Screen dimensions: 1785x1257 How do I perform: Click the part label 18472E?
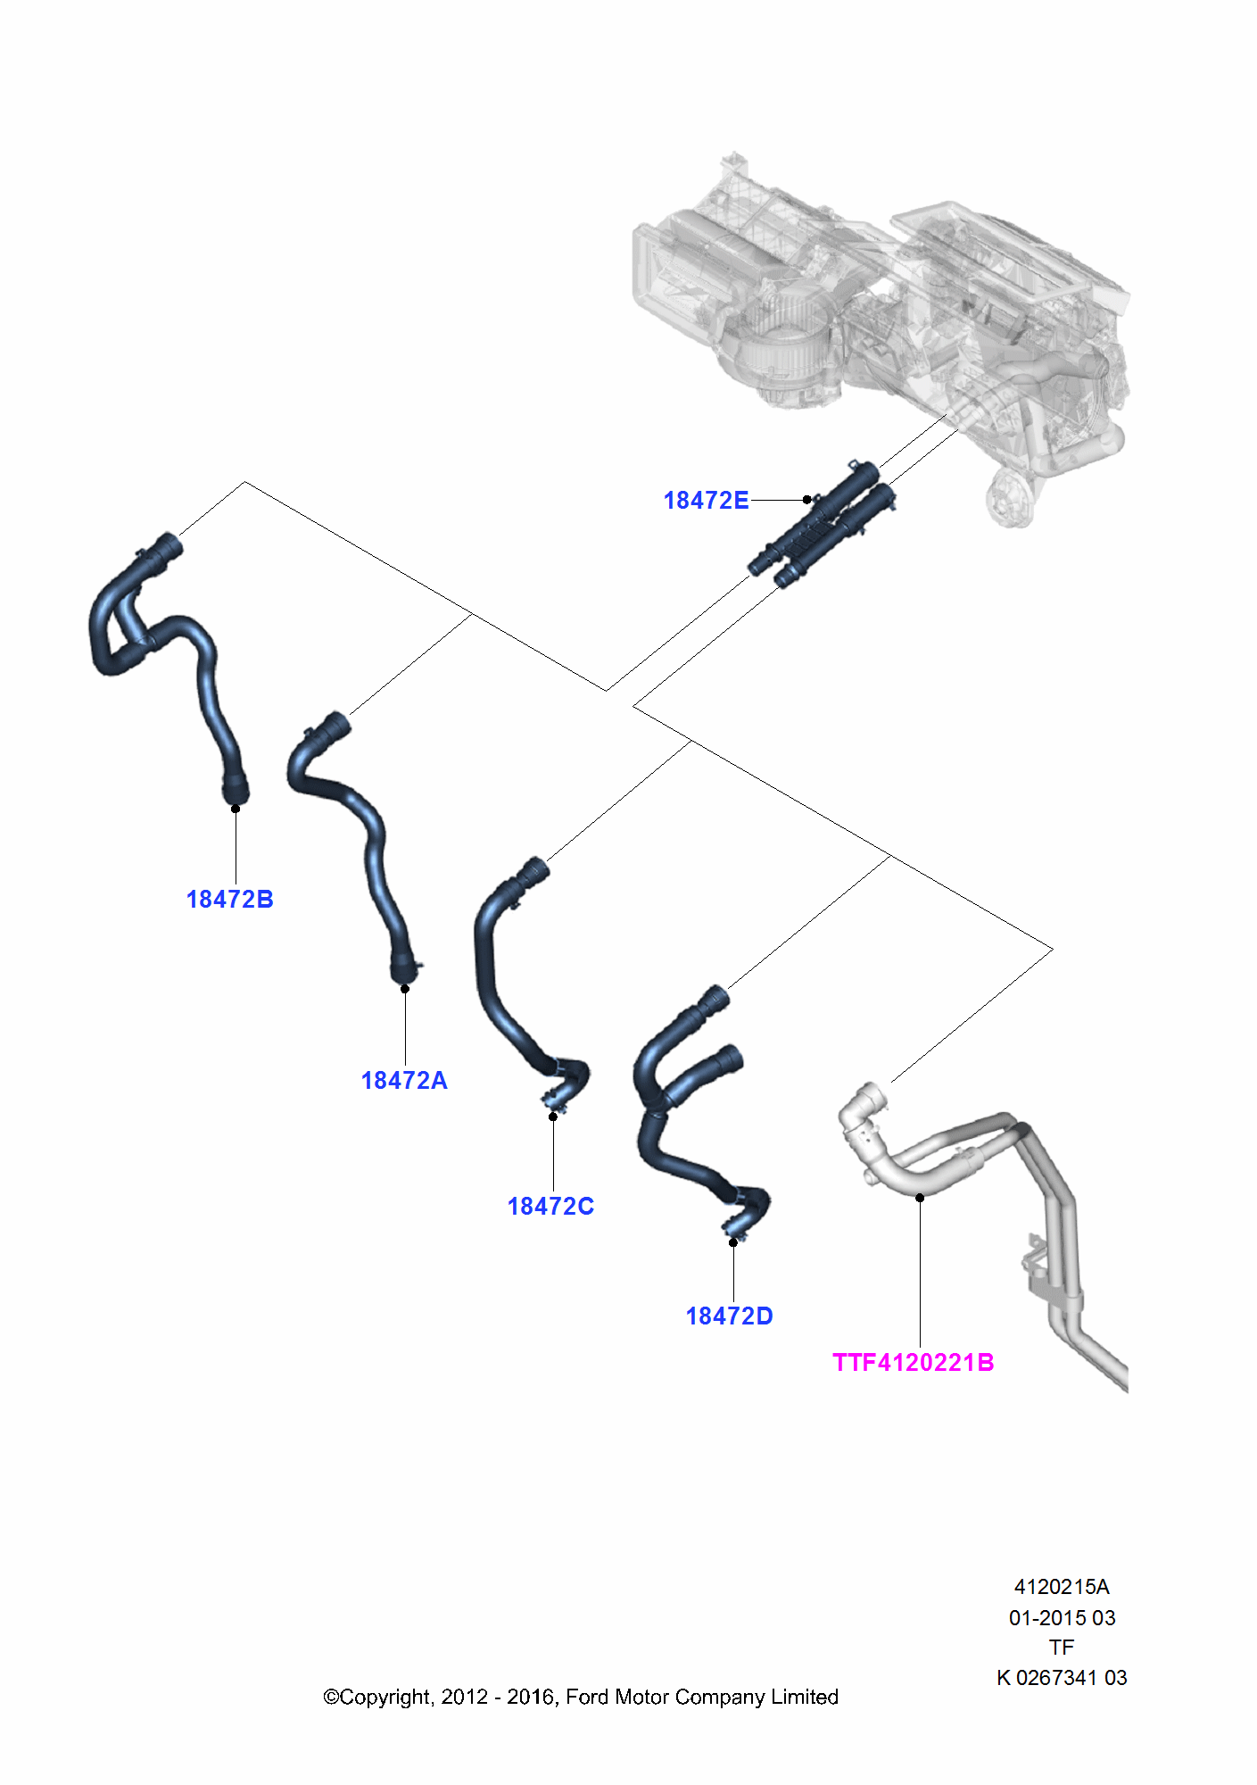point(706,501)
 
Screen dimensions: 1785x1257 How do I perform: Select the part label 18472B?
point(229,900)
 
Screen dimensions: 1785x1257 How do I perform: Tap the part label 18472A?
point(404,1081)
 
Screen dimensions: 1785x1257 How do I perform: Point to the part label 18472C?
point(550,1207)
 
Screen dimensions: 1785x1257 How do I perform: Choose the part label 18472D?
point(729,1316)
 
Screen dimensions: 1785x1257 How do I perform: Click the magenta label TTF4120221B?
point(913,1363)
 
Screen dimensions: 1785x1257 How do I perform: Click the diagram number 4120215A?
point(1062,1587)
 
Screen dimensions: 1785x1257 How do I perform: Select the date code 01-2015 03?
point(1062,1617)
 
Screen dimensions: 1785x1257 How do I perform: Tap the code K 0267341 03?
point(1062,1678)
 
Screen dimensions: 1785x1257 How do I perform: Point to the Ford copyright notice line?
point(581,1697)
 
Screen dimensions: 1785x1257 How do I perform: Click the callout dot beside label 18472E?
point(806,500)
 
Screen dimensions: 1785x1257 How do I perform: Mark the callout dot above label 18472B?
point(236,809)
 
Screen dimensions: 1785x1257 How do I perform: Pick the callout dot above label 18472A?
point(405,988)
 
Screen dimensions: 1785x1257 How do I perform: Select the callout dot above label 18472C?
point(553,1117)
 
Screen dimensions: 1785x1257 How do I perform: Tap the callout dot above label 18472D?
point(733,1241)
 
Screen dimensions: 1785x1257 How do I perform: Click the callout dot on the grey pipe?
point(920,1198)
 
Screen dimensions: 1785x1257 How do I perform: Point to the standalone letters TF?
point(1062,1648)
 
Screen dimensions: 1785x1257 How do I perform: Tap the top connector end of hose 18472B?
point(168,545)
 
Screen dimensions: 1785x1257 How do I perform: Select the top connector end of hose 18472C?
point(535,868)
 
